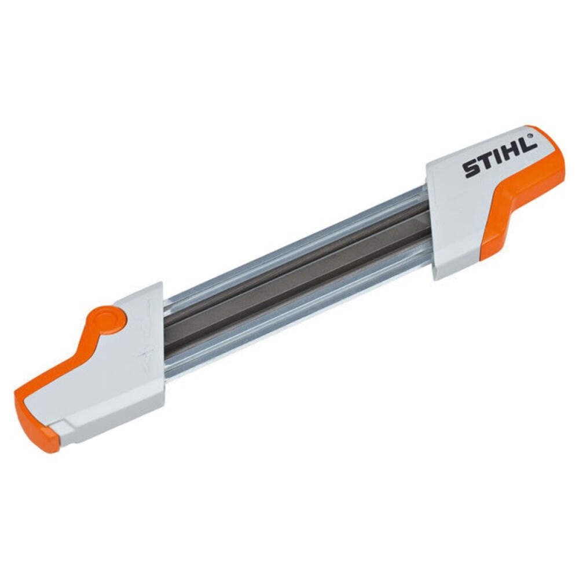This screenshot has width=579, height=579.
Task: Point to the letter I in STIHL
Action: click(x=499, y=159)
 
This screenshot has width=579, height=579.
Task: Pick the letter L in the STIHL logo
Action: click(x=526, y=148)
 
